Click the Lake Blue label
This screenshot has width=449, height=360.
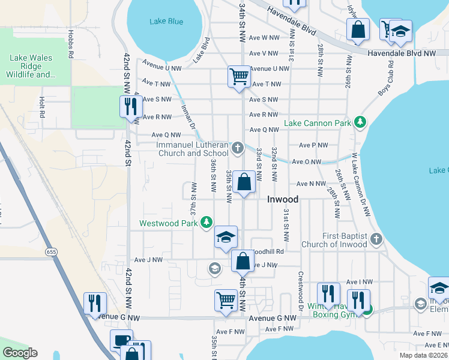tap(166, 22)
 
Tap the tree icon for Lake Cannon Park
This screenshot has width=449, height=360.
tap(360, 123)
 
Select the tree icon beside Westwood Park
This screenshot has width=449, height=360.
tap(206, 223)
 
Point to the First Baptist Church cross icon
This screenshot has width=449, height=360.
tap(376, 239)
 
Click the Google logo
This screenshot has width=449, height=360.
tap(20, 353)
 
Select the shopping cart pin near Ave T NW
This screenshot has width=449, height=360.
tap(239, 77)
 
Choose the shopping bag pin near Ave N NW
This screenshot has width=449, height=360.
tap(244, 182)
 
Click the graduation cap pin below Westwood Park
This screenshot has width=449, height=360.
tap(226, 237)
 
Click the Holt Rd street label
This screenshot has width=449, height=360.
tap(41, 107)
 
